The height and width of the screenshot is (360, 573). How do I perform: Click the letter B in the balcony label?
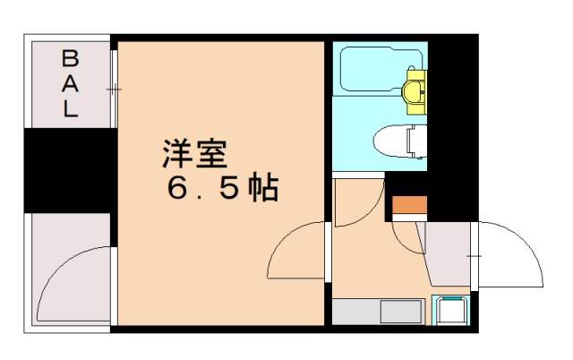coord(69,61)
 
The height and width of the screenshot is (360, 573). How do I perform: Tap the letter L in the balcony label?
coord(69,111)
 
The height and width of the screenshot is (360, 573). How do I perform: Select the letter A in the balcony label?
coord(69,86)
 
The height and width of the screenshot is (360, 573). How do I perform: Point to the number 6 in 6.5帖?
coord(176,190)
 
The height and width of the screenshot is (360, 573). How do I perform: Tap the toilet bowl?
coord(390,141)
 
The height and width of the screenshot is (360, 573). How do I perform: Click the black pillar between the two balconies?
coord(67,170)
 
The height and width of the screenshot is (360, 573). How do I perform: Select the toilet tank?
coord(418,141)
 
